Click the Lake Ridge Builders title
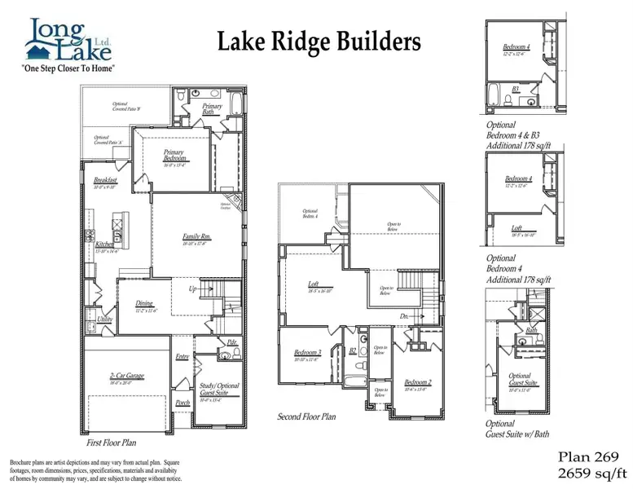point(319,42)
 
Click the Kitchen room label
point(104,244)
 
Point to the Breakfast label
point(106,179)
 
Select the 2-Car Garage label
point(126,376)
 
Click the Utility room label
point(104,319)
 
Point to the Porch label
point(183,403)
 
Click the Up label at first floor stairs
point(194,289)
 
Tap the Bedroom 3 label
point(308,353)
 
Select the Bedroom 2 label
point(418,382)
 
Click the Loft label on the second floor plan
point(313,284)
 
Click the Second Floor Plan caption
point(306,416)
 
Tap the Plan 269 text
point(590,456)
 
